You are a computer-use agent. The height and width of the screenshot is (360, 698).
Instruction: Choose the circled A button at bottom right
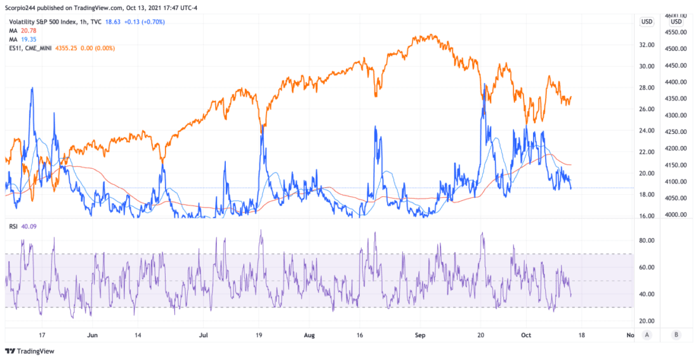pos(647,335)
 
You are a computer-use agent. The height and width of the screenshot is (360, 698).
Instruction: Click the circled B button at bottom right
pos(676,335)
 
